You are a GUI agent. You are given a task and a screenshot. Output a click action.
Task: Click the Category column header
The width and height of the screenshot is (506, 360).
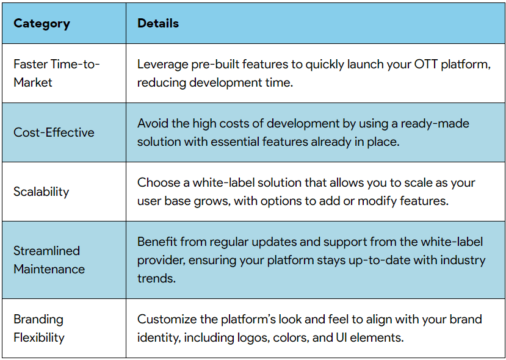click(42, 24)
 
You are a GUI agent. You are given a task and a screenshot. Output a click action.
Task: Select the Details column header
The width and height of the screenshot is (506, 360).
click(158, 24)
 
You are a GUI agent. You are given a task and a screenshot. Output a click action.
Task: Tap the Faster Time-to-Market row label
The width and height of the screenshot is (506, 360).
click(56, 73)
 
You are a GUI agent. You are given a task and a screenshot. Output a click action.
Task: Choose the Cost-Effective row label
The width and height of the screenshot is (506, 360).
click(54, 132)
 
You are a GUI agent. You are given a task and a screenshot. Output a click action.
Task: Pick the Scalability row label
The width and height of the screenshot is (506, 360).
click(42, 192)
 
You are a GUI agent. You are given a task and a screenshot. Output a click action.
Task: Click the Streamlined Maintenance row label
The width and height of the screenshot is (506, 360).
click(49, 260)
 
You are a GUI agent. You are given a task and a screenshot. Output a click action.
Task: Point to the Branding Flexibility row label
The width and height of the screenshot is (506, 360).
click(39, 328)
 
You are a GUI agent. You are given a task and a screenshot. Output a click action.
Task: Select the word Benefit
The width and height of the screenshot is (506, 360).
click(157, 242)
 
